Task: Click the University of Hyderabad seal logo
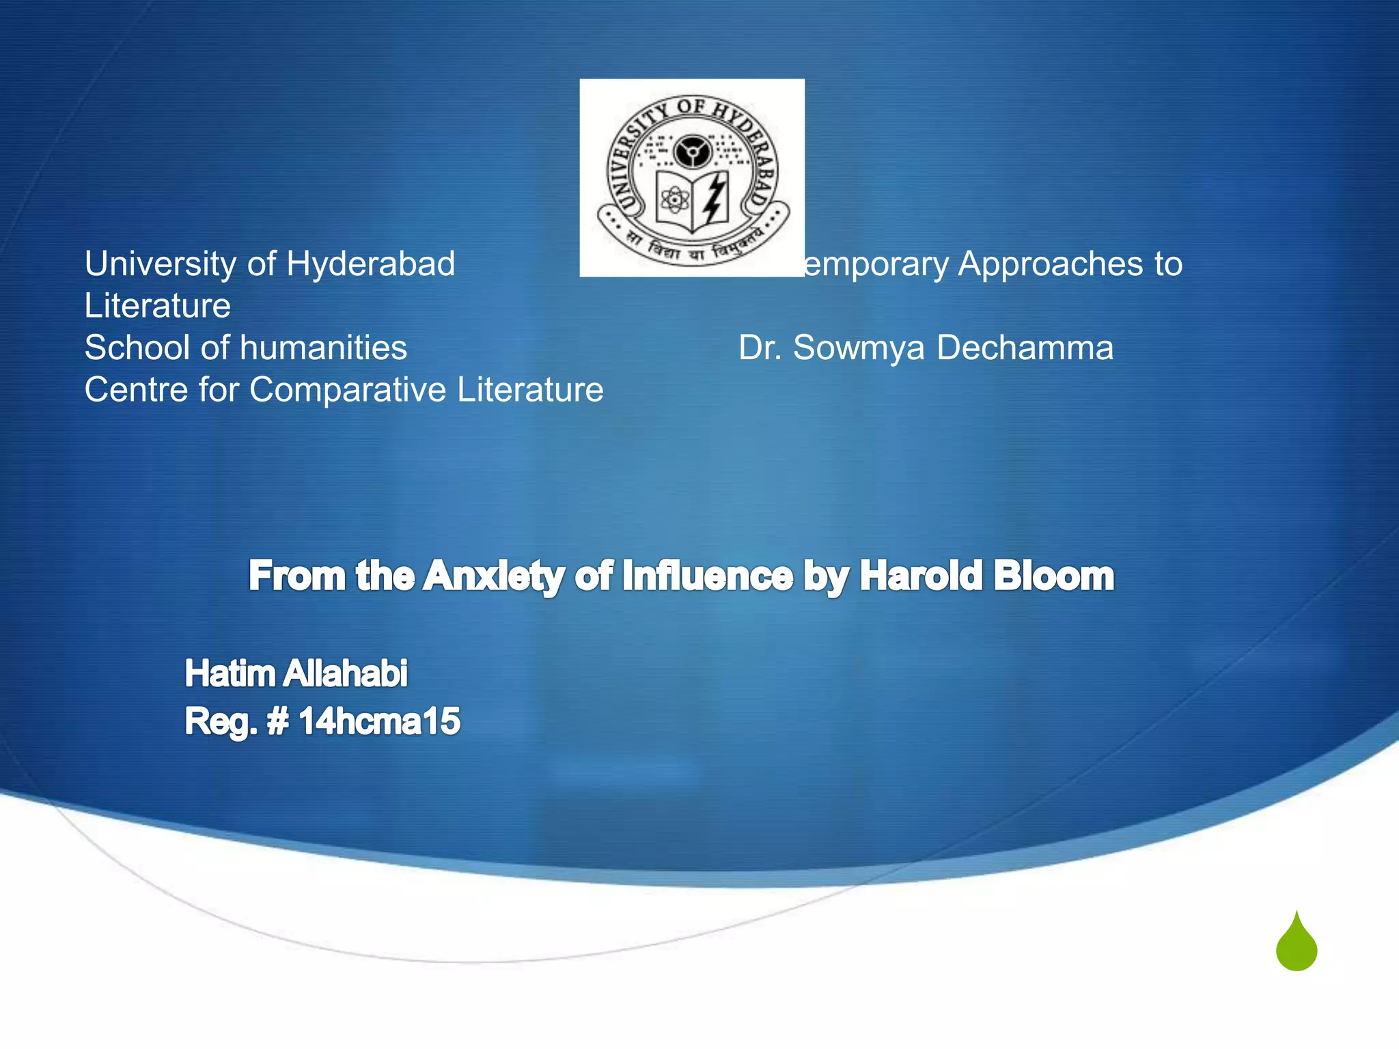692,178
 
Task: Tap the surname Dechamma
1025,348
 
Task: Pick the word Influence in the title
708,576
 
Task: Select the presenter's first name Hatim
230,673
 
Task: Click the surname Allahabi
345,673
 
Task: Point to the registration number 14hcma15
379,721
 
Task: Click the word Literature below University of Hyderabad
157,306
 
